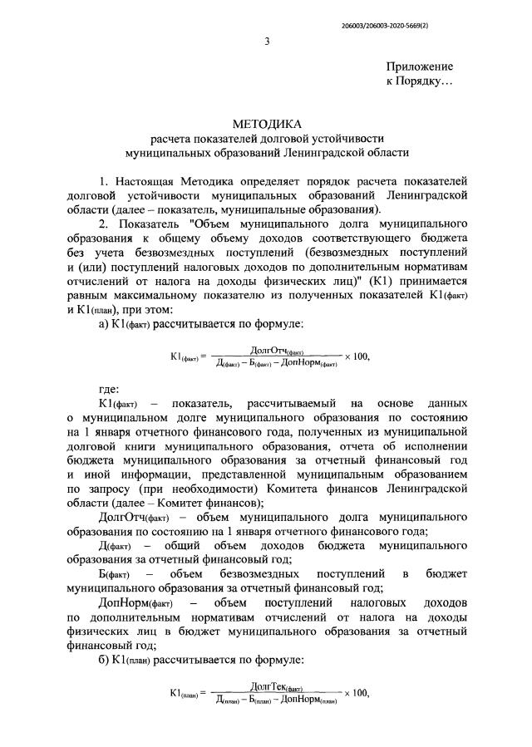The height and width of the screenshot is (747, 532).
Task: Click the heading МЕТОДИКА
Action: point(266,123)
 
